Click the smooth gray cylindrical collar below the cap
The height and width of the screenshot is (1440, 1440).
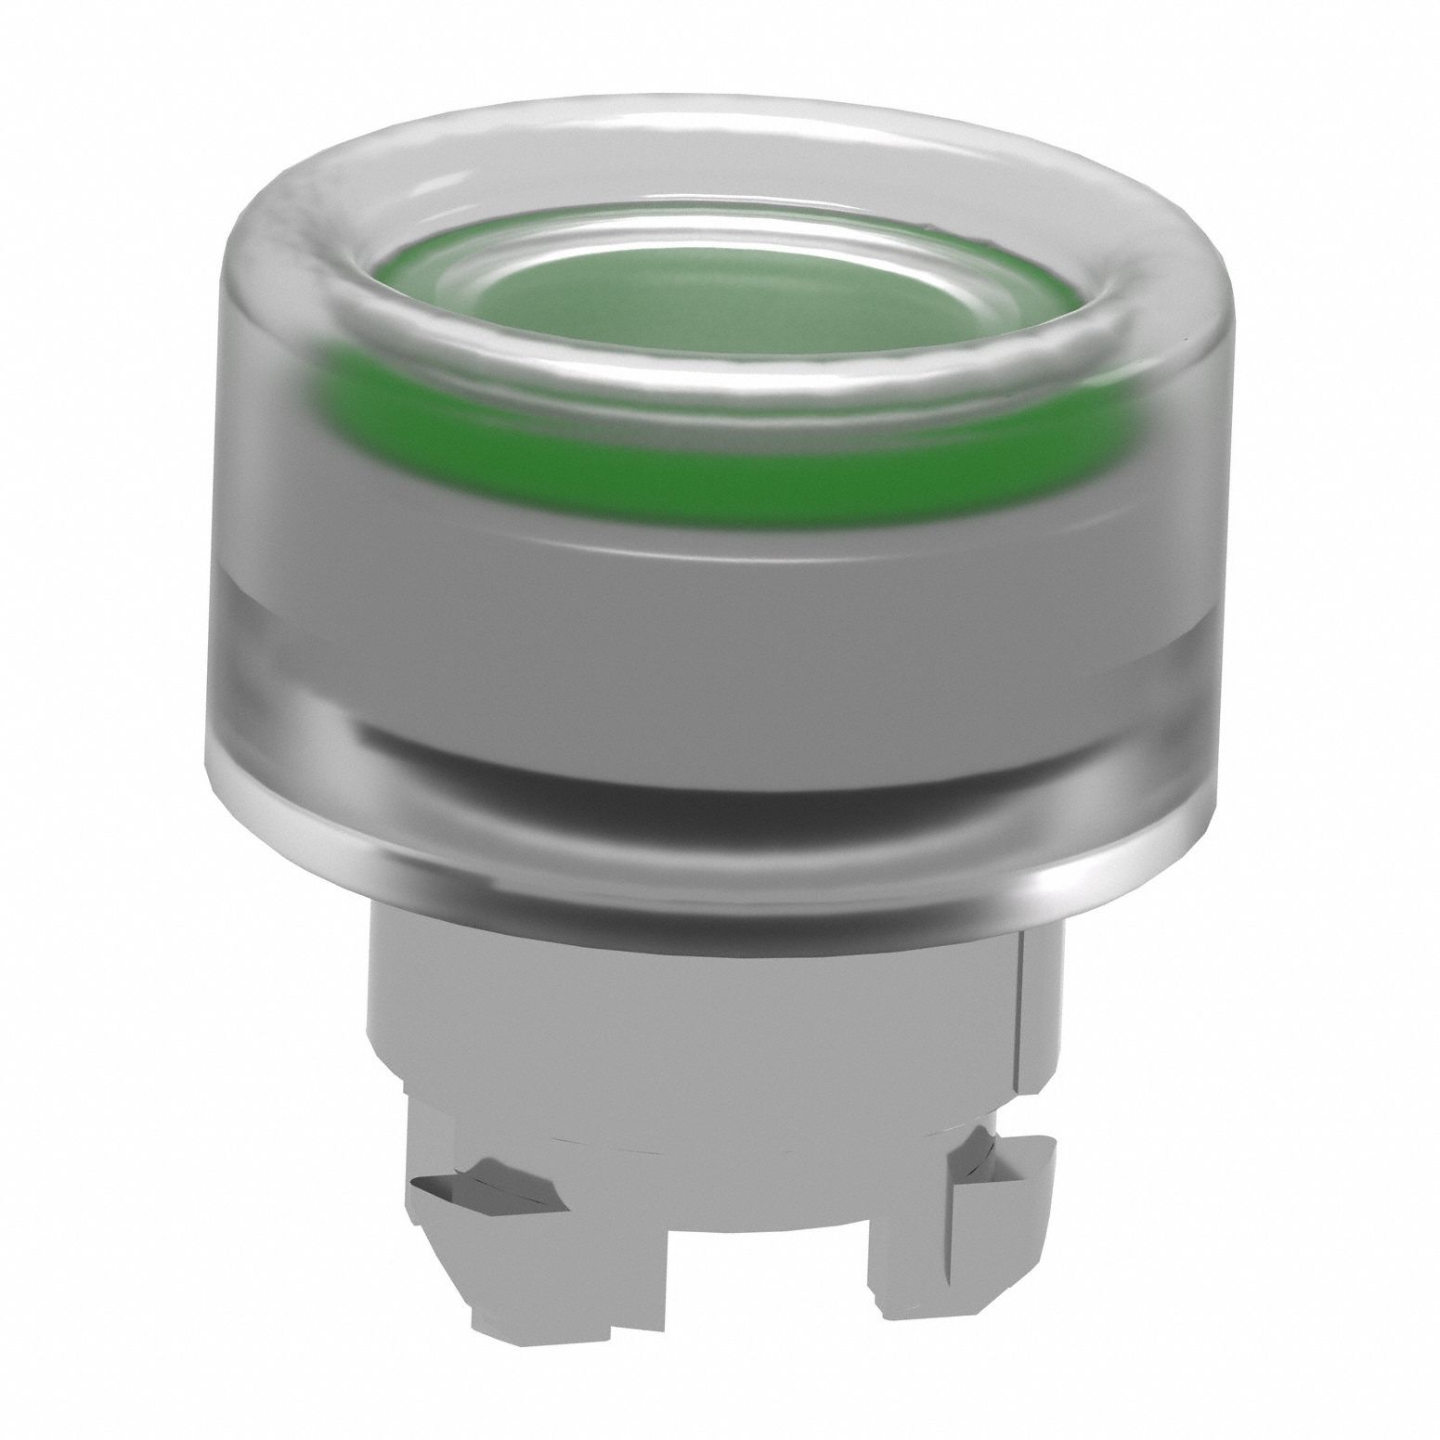click(706, 1003)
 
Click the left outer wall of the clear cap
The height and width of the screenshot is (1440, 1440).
click(218, 603)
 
